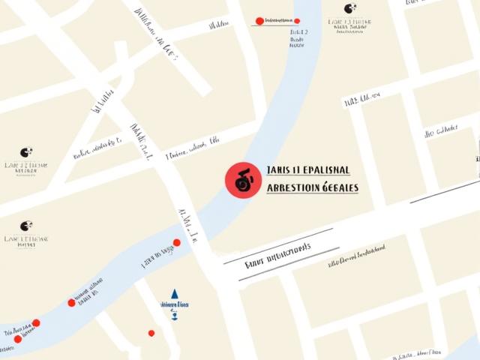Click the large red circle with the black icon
pyautogui.click(x=243, y=181)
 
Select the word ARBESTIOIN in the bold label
pyautogui.click(x=293, y=187)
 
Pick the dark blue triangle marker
pyautogui.click(x=175, y=293)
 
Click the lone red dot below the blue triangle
pyautogui.click(x=151, y=333)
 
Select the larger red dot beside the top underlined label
pyautogui.click(x=259, y=21)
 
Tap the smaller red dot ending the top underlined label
pyautogui.click(x=297, y=21)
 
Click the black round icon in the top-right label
pyautogui.click(x=349, y=9)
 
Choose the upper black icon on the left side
pyautogui.click(x=26, y=152)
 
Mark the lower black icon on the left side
pyautogui.click(x=26, y=226)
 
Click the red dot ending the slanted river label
pyautogui.click(x=176, y=242)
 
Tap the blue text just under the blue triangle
pyautogui.click(x=174, y=305)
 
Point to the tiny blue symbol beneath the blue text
pyautogui.click(x=175, y=316)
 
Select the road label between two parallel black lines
pyautogui.click(x=277, y=256)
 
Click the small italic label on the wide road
pyautogui.click(x=357, y=255)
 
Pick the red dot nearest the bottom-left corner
pyautogui.click(x=18, y=339)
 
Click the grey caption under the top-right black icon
pyautogui.click(x=349, y=24)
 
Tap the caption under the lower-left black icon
pyautogui.click(x=26, y=241)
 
